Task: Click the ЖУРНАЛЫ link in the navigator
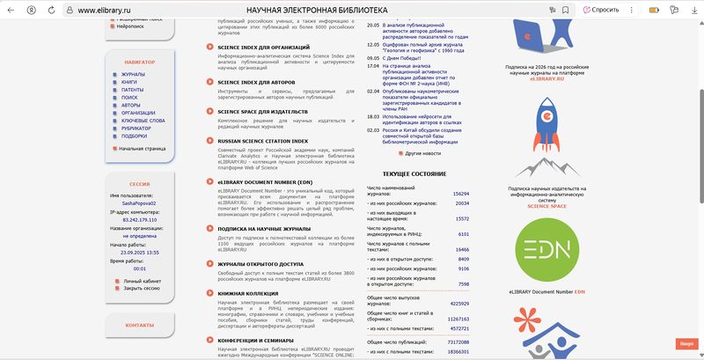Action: [x=133, y=74]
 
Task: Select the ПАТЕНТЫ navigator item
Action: [x=132, y=90]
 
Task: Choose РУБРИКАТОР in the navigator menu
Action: [x=136, y=128]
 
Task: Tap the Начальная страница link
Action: [x=143, y=148]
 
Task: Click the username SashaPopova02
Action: [x=139, y=202]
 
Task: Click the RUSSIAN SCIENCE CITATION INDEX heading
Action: [x=262, y=141]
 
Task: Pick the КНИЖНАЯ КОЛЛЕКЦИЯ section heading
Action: [x=249, y=292]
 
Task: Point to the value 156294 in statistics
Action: [x=461, y=193]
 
